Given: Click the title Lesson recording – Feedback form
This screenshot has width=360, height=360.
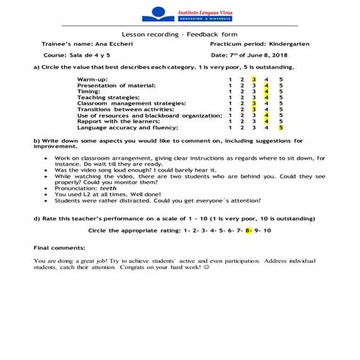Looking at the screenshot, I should [x=180, y=34].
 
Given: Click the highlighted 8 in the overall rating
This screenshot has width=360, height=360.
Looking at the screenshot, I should [x=248, y=230].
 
